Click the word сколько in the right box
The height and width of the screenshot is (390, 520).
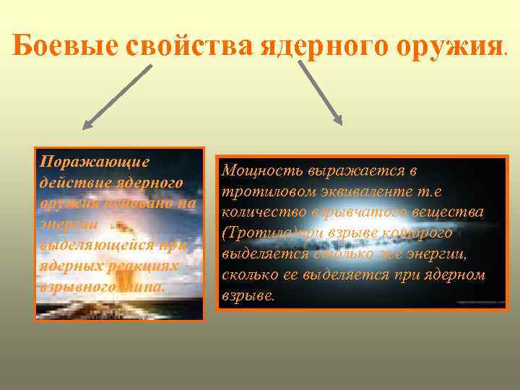click(x=250, y=277)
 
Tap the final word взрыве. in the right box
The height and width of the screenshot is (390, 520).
click(x=249, y=297)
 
